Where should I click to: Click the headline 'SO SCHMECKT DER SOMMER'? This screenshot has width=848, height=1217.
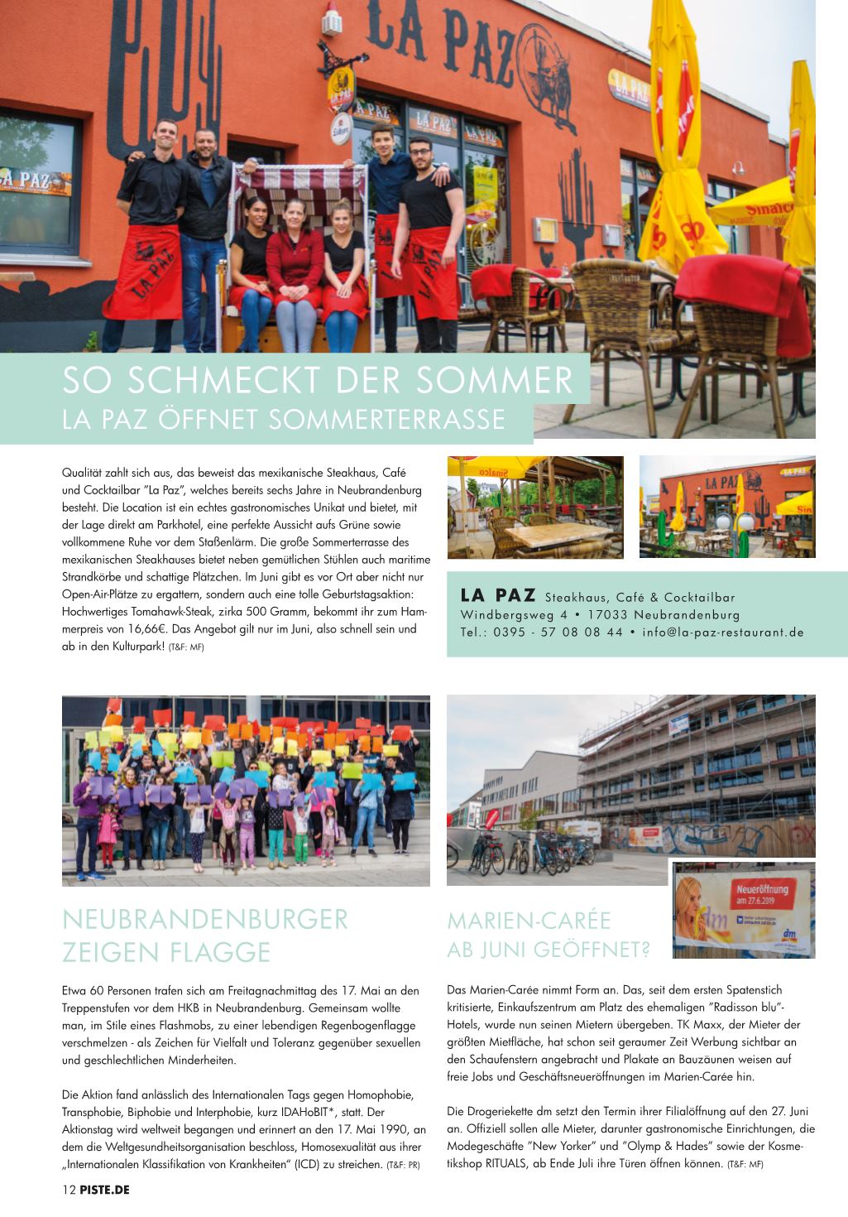click(317, 382)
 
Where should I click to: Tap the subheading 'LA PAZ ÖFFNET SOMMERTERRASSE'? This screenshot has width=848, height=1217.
click(283, 419)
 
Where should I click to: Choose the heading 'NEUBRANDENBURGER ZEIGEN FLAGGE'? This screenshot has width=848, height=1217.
click(205, 936)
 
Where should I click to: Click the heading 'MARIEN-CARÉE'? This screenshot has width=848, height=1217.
click(529, 921)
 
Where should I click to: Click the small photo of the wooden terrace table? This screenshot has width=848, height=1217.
click(534, 506)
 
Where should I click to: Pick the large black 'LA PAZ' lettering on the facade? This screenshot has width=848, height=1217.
click(438, 37)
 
